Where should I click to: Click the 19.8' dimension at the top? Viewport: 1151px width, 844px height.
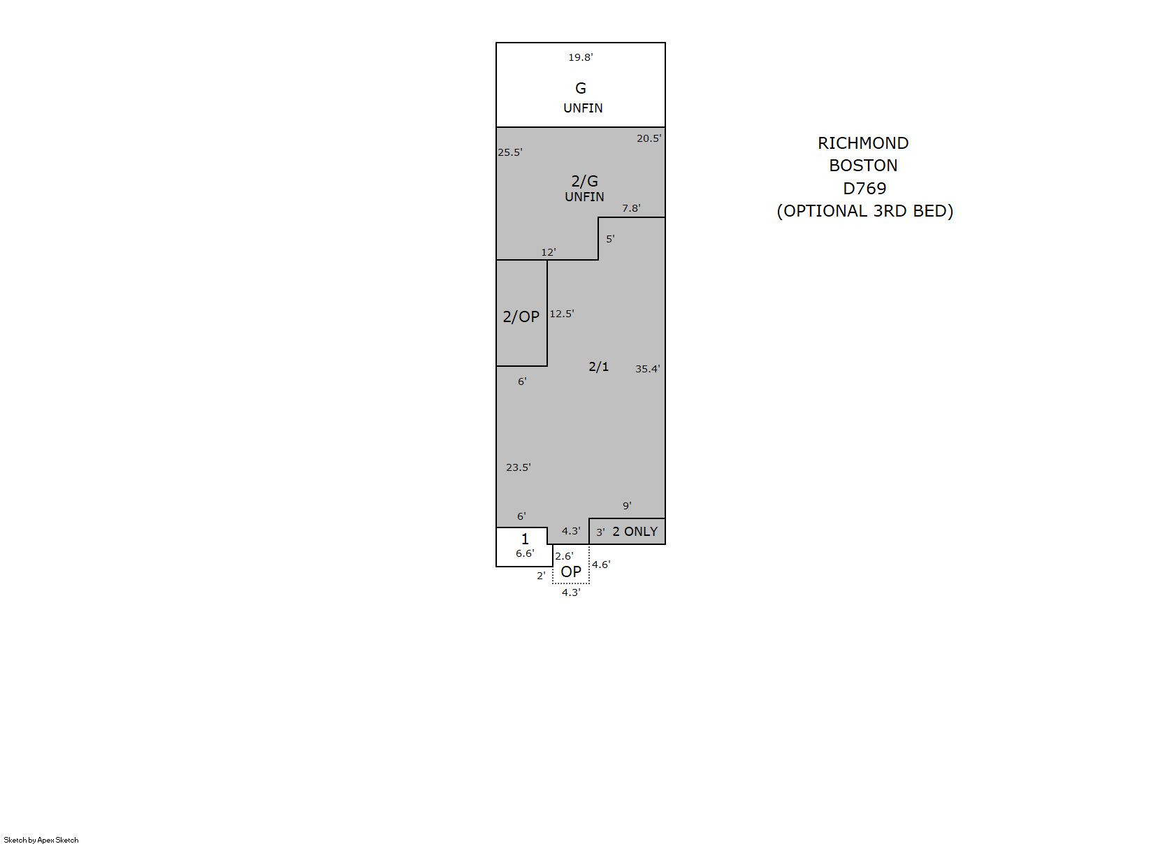(x=580, y=57)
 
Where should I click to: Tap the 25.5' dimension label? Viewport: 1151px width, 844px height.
(x=509, y=152)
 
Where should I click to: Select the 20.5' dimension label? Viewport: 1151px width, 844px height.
(x=649, y=138)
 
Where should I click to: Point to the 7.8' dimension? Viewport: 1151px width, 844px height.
(x=631, y=208)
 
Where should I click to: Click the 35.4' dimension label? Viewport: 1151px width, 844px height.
(x=647, y=369)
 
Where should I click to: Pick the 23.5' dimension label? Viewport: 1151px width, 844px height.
(x=518, y=467)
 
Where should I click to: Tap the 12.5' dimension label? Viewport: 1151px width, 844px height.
(x=562, y=314)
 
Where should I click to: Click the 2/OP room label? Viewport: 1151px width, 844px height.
(x=521, y=317)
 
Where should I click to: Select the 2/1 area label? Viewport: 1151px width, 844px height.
(x=598, y=367)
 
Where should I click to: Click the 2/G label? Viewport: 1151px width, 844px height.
(x=585, y=182)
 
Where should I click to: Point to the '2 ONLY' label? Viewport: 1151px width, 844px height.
(x=635, y=532)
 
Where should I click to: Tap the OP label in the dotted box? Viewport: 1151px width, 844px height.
(x=570, y=572)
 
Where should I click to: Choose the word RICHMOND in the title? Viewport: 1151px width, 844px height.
(x=863, y=143)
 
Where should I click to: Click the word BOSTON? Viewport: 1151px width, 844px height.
(x=863, y=166)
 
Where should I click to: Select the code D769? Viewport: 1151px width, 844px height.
(x=864, y=189)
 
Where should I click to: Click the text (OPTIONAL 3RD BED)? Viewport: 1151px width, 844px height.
(x=864, y=211)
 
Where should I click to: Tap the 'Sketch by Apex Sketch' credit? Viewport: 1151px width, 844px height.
(x=41, y=840)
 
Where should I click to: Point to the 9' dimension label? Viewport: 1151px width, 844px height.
(x=627, y=506)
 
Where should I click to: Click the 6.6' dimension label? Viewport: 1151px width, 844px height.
(x=525, y=553)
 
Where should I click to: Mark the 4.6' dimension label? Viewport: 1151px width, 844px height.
(x=601, y=565)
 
